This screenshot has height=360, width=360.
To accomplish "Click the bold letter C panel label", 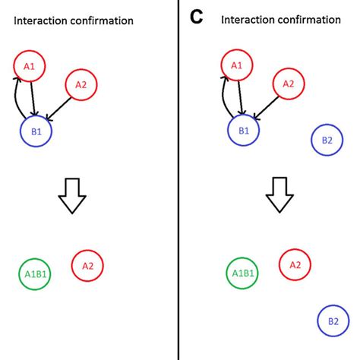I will (196, 17).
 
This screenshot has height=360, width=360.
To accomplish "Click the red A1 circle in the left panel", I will (30, 67).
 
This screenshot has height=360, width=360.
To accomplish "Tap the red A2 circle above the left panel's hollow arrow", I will (81, 85).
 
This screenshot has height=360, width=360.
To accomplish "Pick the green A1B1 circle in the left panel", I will (34, 274).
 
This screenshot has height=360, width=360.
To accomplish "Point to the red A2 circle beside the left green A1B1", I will (87, 266).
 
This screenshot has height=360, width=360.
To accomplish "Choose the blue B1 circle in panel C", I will (243, 131).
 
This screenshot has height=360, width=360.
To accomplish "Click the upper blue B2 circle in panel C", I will (327, 140).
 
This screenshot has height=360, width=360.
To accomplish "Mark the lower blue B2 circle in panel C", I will (333, 321).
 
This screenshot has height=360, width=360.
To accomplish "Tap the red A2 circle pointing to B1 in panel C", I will (289, 85).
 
